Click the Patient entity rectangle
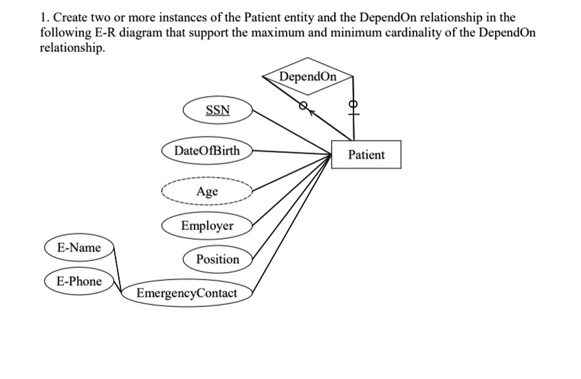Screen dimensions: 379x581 [366, 154]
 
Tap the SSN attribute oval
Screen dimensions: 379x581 [218, 111]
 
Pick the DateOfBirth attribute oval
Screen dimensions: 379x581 [207, 150]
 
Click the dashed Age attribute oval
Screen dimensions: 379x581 [207, 191]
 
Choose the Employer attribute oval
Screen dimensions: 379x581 [207, 226]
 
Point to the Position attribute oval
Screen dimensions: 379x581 [217, 259]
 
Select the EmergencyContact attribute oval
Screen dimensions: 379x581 [186, 293]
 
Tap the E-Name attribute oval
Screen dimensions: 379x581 [78, 247]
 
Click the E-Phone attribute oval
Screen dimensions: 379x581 [78, 281]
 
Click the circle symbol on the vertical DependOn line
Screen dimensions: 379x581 [354, 105]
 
